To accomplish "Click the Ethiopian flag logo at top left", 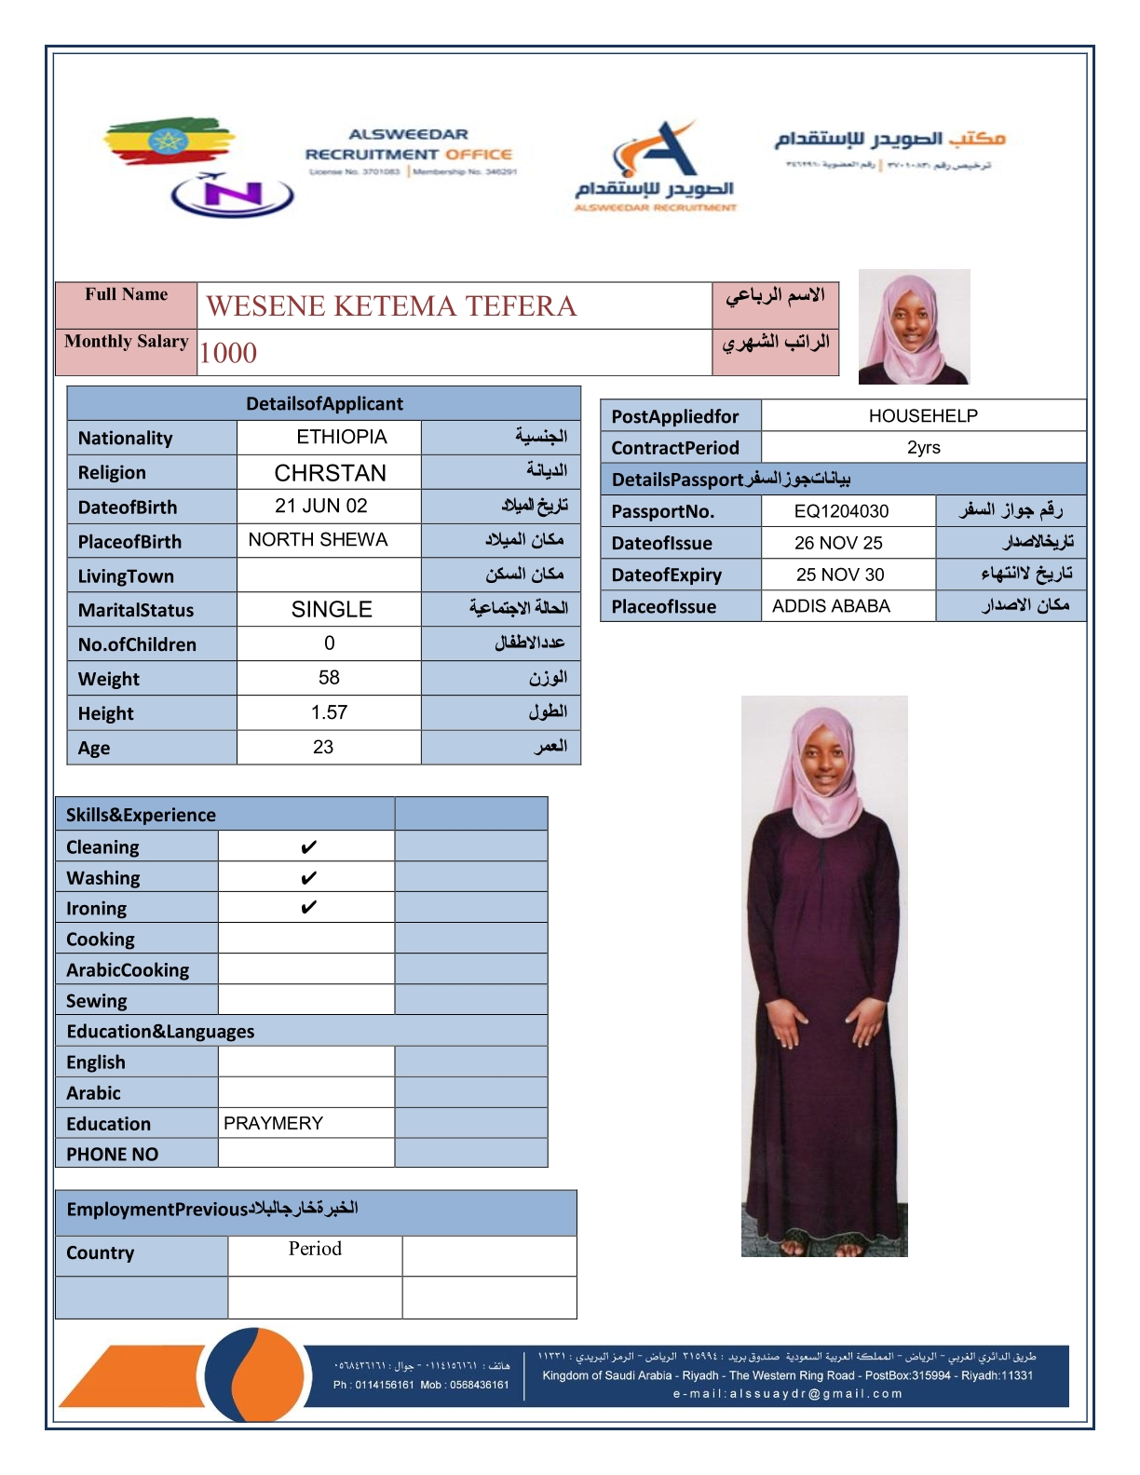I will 168,142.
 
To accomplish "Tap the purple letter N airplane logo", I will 232,195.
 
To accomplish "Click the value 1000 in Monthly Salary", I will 228,353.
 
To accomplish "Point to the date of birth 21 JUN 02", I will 320,506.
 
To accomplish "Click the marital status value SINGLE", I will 332,609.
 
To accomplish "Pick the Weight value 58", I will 329,677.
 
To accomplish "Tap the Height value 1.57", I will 329,712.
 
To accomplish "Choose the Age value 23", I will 323,747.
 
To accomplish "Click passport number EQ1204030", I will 841,510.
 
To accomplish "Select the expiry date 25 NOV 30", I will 840,575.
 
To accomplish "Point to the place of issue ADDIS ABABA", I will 831,606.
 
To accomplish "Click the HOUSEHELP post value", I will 923,415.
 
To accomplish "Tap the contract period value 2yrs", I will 923,447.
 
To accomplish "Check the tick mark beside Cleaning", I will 308,846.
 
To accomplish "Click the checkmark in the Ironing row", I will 308,907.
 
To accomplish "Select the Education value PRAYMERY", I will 273,1123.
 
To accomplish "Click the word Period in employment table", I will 315,1249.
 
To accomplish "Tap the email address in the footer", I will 787,1394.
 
